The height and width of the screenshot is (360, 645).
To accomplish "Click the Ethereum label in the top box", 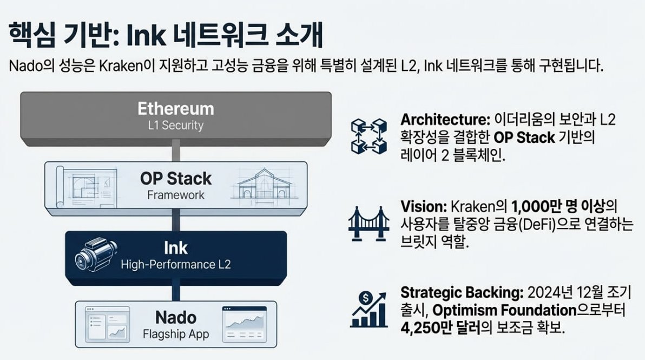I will click(x=175, y=108).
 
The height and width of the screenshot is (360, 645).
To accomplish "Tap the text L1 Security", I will click(x=175, y=126).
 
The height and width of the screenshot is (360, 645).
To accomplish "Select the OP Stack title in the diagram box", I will click(x=176, y=178).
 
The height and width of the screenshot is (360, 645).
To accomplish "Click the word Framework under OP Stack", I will click(x=176, y=194).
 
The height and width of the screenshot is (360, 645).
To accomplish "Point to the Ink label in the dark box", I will click(x=176, y=248).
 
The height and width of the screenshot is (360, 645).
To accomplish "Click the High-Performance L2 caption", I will click(x=176, y=265).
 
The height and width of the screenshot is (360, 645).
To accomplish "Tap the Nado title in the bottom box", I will click(x=176, y=317).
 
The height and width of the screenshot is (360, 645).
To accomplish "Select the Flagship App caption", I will click(x=176, y=334).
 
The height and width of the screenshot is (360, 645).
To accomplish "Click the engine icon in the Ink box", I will click(x=95, y=256).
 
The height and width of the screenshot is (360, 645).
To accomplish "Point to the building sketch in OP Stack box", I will click(x=265, y=185).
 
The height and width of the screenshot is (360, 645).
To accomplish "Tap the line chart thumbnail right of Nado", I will click(x=245, y=324).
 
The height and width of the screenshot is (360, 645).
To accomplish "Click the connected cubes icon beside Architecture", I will click(x=369, y=135).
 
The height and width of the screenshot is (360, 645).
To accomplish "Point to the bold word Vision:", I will click(x=423, y=207).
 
